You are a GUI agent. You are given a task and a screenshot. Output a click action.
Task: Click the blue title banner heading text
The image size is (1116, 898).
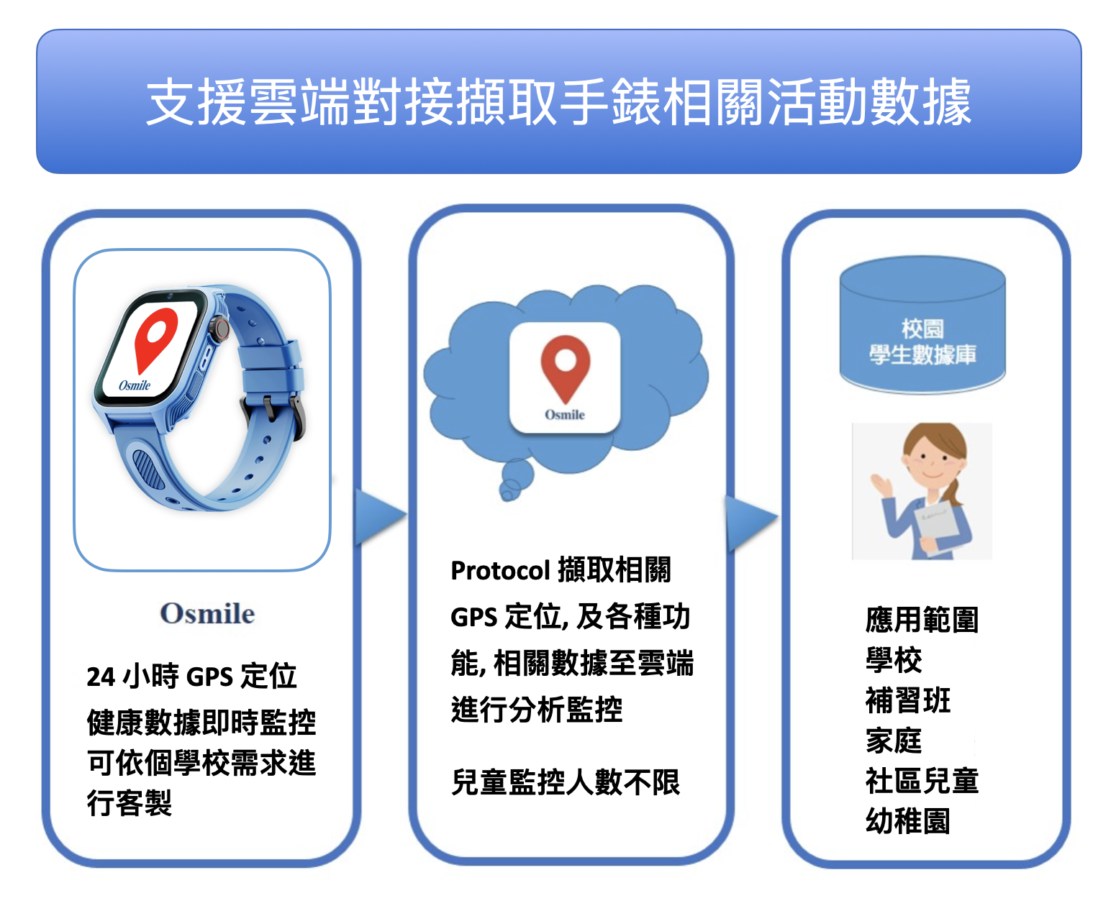click(x=558, y=101)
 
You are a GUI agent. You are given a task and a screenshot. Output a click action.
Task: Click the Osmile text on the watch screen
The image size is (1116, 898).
click(x=135, y=385)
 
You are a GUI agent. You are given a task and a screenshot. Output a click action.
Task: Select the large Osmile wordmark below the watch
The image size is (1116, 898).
click(x=207, y=613)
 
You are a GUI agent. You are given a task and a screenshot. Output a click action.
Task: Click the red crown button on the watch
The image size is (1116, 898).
click(x=222, y=327)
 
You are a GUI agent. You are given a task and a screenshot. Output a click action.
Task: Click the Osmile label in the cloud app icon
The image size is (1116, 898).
click(x=565, y=415)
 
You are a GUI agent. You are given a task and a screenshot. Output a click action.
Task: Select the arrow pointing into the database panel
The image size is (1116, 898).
click(x=751, y=523)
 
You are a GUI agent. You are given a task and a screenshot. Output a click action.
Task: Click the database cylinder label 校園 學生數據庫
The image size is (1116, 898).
click(x=922, y=342)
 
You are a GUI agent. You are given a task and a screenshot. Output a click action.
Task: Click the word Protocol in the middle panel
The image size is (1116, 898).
click(x=500, y=572)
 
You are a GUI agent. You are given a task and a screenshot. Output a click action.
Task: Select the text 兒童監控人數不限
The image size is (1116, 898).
click(x=566, y=782)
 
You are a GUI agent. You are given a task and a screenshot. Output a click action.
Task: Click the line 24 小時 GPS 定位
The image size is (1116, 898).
click(x=191, y=677)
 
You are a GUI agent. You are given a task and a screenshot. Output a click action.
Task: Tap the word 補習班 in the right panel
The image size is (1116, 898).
click(x=908, y=700)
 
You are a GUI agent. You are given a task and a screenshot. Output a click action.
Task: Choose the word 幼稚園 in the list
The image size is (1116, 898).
click(x=908, y=821)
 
